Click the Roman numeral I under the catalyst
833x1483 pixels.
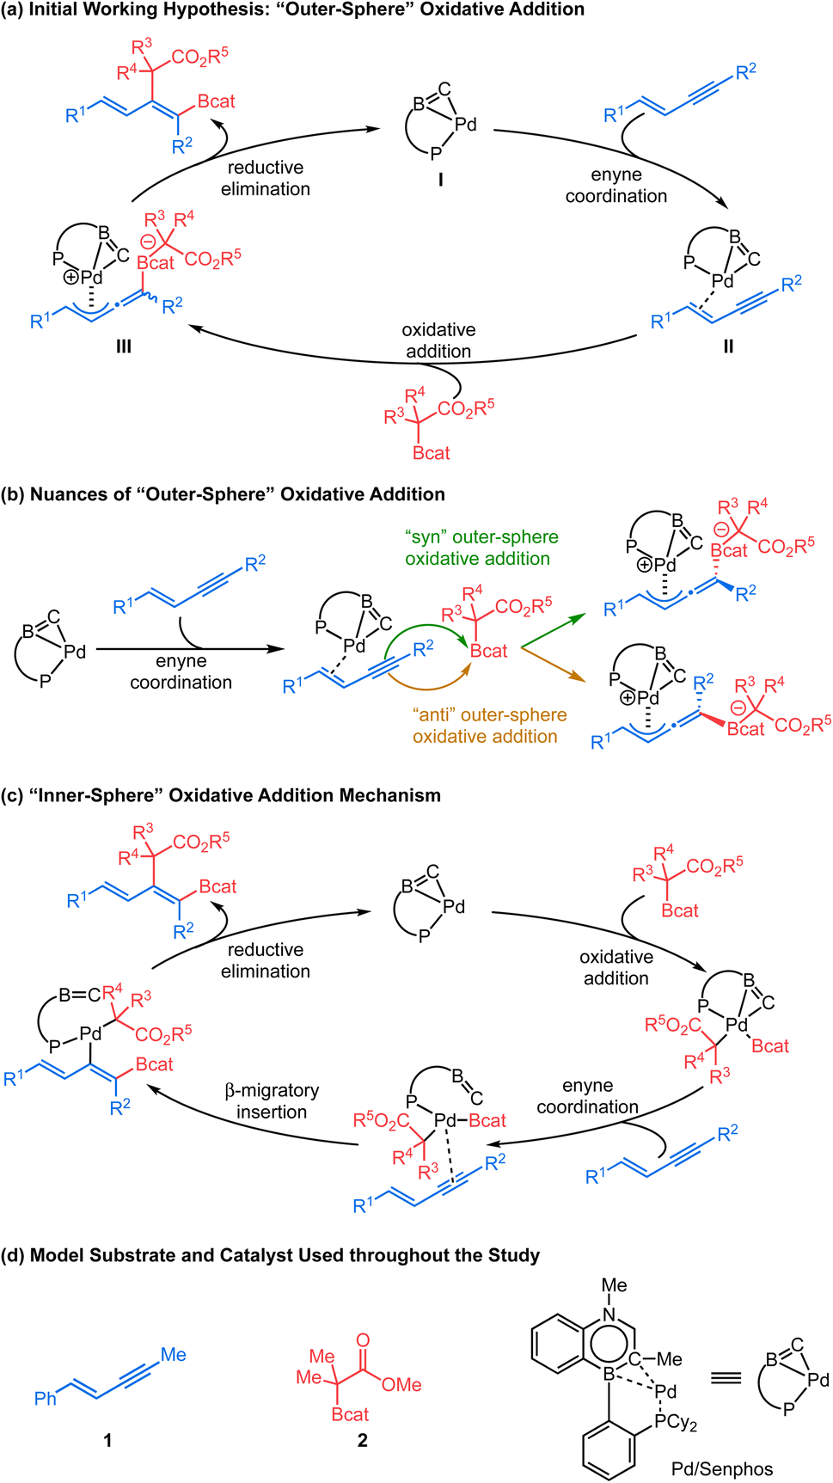440,180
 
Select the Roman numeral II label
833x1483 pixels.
728,346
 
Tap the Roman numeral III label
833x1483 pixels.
123,346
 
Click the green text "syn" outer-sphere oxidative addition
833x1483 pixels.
481,548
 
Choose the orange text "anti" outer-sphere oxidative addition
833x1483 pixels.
488,726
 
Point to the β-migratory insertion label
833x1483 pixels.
272,1101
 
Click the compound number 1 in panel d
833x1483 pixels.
107,1439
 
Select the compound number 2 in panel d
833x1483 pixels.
362,1439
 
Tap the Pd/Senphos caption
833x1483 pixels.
722,1468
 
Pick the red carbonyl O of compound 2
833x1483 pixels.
363,1340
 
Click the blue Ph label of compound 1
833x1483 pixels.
45,1399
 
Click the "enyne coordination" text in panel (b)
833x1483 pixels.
181,671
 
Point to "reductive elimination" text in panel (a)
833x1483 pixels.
266,178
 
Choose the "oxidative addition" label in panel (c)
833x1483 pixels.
616,967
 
